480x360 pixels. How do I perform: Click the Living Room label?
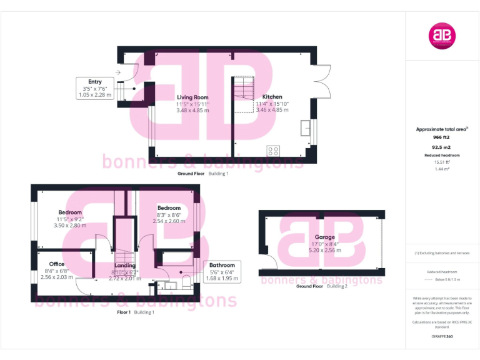pos(192,97)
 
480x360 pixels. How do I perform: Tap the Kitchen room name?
pos(272,97)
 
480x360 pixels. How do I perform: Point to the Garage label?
pos(324,237)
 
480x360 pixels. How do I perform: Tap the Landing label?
pos(124,265)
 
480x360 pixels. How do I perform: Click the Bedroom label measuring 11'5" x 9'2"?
pos(71,212)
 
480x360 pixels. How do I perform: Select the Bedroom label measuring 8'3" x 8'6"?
pos(169,207)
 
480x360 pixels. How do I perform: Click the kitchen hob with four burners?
pos(273,151)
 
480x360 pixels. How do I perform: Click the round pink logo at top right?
pos(442,36)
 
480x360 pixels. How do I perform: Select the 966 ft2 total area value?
pos(442,136)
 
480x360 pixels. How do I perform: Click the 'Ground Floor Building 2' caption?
pos(322,286)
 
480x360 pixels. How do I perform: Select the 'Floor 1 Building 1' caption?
pos(136,312)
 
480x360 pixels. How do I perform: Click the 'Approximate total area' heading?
pos(442,129)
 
